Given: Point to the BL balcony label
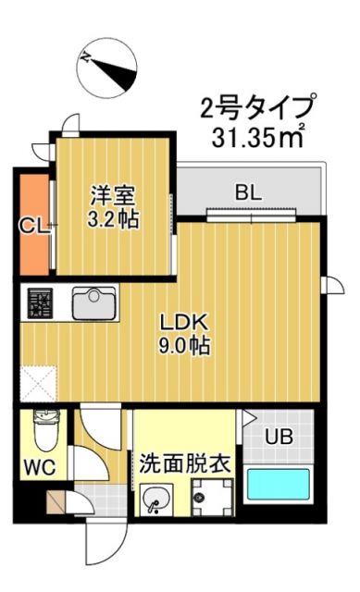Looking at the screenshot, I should pos(247,193).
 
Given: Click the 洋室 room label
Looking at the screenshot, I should pos(113,195).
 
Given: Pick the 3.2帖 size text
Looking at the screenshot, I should pos(113,221).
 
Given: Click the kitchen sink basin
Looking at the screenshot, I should pos(93,302).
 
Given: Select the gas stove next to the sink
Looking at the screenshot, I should pos(41,303).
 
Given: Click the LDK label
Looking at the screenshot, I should pos(187,324).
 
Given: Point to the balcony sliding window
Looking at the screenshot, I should pos(252,216).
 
